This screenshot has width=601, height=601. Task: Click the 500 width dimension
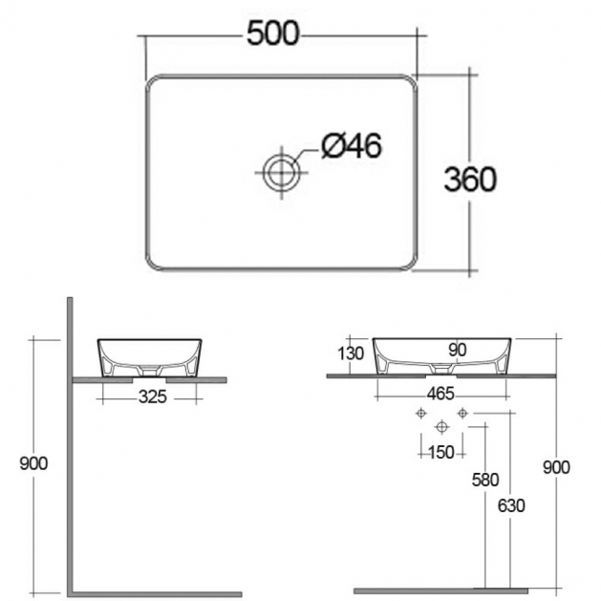(x=272, y=33)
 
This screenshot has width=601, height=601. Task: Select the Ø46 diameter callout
(x=352, y=145)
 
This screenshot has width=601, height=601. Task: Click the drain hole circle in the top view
(x=281, y=173)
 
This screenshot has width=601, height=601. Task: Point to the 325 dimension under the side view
(x=153, y=397)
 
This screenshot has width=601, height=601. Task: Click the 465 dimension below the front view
(x=440, y=394)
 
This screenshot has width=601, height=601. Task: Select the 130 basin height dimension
(x=351, y=354)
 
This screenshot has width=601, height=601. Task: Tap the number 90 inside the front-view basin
(x=457, y=350)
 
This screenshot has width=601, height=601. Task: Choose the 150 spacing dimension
(x=441, y=453)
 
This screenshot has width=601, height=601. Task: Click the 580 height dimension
(x=485, y=480)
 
